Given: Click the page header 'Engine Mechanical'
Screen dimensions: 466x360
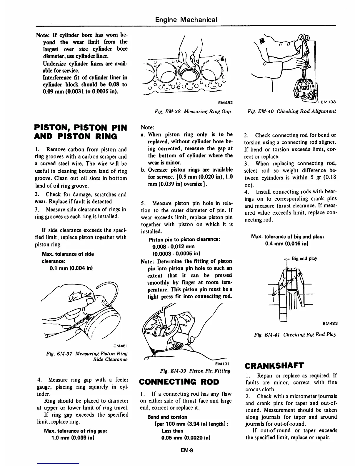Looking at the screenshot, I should click(x=186, y=20).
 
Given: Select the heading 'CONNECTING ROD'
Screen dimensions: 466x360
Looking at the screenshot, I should click(x=179, y=382).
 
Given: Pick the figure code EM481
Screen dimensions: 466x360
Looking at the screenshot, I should click(x=120, y=345).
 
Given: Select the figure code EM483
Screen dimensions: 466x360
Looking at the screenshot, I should click(x=330, y=324).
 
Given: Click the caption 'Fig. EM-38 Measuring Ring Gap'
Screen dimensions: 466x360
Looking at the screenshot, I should click(x=193, y=112).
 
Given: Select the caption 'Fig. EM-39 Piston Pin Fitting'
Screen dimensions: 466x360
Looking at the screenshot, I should click(x=195, y=371).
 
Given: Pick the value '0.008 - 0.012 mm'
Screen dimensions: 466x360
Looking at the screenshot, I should click(x=173, y=246).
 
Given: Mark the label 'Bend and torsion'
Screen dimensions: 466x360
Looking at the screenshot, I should click(x=167, y=417).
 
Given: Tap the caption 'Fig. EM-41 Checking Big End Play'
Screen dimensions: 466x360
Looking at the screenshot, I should click(x=295, y=334).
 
